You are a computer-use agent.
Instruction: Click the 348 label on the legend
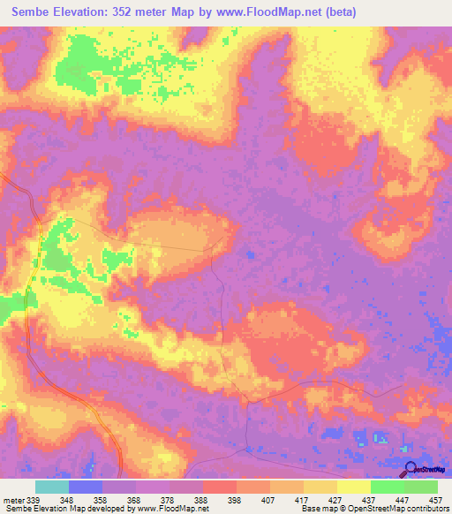(66, 499)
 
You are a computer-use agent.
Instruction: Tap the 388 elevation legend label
(201, 499)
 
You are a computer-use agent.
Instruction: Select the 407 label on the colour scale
(268, 499)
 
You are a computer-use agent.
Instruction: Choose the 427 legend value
(335, 499)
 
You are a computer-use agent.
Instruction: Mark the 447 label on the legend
(403, 499)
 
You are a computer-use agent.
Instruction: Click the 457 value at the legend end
(435, 499)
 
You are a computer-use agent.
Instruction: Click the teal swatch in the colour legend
(52, 487)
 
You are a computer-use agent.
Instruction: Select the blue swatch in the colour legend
(86, 487)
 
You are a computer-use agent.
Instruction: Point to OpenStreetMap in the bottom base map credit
(366, 509)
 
